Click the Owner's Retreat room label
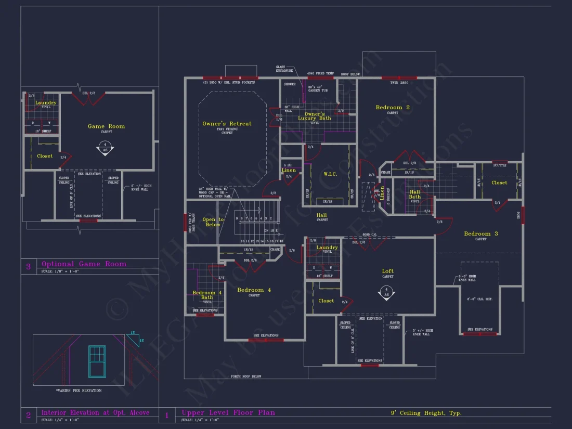(227, 124)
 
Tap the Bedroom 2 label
(393, 108)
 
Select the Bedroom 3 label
(480, 234)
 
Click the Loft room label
(387, 271)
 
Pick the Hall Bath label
(414, 194)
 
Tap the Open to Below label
(213, 222)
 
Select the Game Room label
(106, 126)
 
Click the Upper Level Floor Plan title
(228, 413)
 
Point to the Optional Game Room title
(84, 264)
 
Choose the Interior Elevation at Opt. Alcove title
(95, 413)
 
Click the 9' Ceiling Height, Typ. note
(426, 413)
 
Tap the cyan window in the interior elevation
(97, 361)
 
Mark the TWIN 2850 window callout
(399, 83)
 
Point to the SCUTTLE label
(499, 165)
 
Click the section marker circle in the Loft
(385, 292)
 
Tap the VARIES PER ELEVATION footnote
(79, 390)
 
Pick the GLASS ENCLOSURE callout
(284, 69)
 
